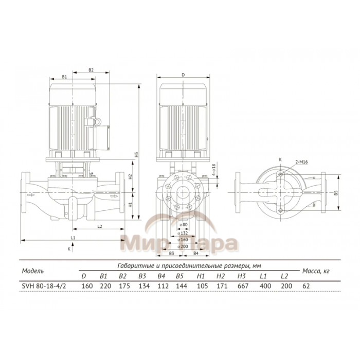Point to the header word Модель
tap(32, 271)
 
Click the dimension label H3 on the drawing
tap(137, 154)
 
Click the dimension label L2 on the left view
tap(100, 226)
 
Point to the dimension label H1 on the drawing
tap(130, 204)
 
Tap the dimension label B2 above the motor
tap(91, 69)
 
